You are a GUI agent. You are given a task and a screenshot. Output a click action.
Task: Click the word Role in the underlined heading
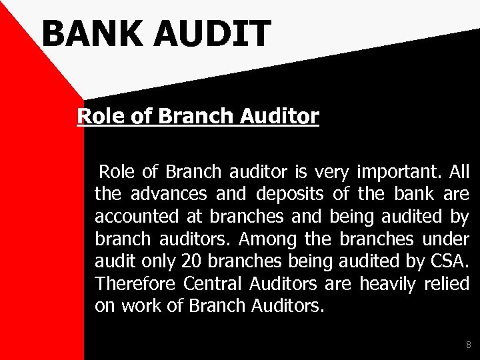(98, 117)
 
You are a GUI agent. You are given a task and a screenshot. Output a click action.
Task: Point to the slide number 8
(468, 345)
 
